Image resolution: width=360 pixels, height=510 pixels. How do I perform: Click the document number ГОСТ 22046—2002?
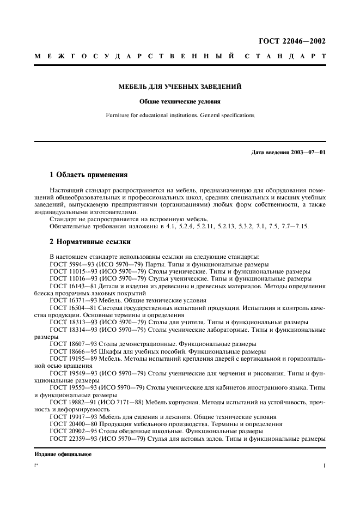coord(295,41)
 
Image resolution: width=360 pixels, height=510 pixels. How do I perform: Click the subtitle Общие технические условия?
coord(180,101)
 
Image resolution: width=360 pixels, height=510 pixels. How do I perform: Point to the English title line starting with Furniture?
coord(180,116)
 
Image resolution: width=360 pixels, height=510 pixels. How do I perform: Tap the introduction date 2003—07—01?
coord(308,152)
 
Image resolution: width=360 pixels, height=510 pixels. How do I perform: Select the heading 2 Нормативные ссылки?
coord(90,241)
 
